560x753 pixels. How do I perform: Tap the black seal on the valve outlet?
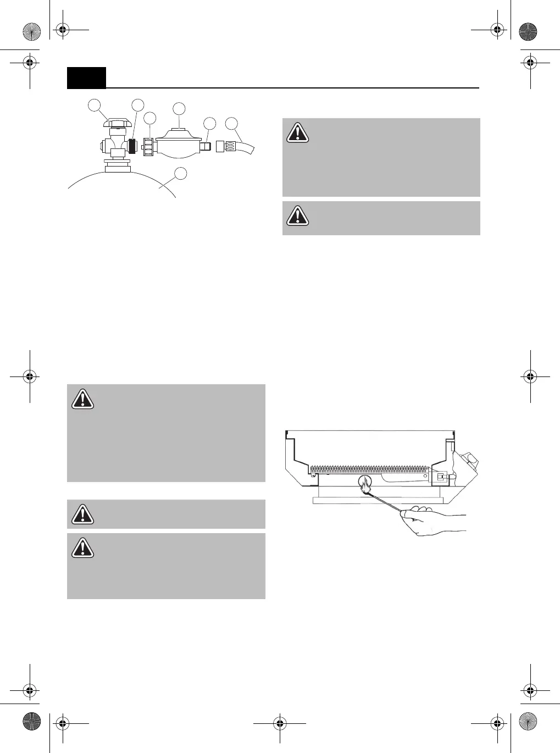(132, 146)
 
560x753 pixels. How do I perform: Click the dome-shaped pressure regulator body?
(178, 145)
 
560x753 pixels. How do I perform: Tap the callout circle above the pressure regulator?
(179, 108)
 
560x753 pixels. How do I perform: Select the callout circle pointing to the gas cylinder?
(180, 174)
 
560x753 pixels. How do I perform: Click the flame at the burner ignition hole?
(365, 486)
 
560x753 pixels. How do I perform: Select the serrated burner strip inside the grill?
(368, 470)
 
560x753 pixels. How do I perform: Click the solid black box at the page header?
(86, 78)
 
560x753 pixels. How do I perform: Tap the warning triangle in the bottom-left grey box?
(82, 547)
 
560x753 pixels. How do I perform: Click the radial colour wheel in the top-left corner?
(32, 31)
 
